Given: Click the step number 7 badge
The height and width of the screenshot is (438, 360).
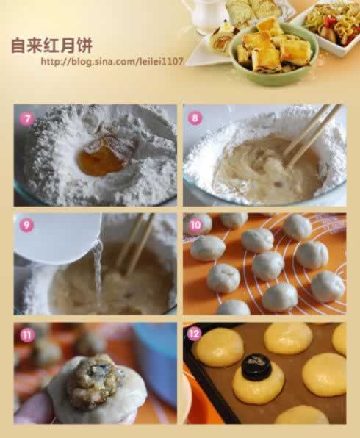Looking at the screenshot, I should coord(26,118).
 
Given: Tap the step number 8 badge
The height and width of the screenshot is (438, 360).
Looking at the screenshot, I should coord(195,118).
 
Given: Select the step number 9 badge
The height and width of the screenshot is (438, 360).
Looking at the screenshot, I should coord(26,226).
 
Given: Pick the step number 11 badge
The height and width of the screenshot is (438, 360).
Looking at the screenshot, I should coord(26,335).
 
